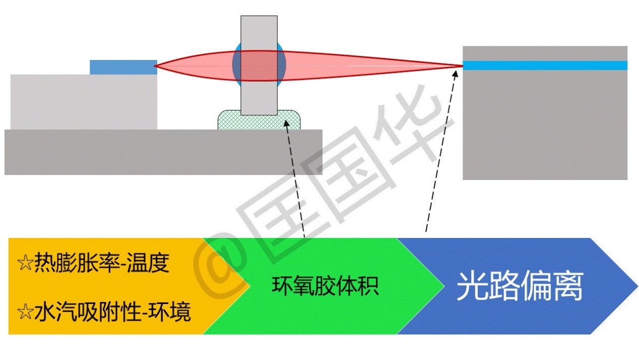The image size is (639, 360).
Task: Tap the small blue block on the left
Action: [x=123, y=67]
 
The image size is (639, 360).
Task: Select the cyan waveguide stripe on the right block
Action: [x=544, y=66]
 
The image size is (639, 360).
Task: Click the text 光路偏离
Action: [x=519, y=287]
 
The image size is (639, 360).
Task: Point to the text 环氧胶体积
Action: [x=325, y=286]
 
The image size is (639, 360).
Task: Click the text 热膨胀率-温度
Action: [x=101, y=263]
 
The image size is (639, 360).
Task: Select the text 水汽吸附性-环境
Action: [x=112, y=313]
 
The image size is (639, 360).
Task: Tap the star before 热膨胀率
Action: [x=25, y=263]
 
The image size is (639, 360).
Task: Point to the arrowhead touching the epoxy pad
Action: [x=286, y=123]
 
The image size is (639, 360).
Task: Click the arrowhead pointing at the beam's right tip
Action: [x=456, y=74]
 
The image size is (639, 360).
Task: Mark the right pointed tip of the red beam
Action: [x=461, y=66]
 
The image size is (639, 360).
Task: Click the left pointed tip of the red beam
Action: [x=155, y=66]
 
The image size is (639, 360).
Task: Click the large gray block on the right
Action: [x=544, y=126]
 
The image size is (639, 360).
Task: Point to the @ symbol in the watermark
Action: [x=222, y=270]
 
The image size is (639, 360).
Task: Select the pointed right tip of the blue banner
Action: [x=636, y=286]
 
